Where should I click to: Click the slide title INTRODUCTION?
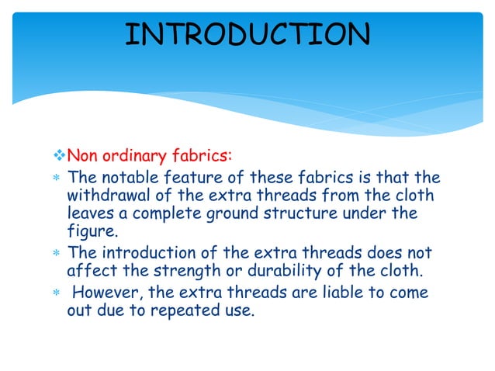click(x=247, y=35)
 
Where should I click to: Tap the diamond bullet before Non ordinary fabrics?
click(x=61, y=161)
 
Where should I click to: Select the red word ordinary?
click(x=137, y=161)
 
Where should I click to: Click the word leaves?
click(x=90, y=212)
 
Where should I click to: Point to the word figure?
click(x=91, y=230)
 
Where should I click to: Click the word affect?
click(x=90, y=271)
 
